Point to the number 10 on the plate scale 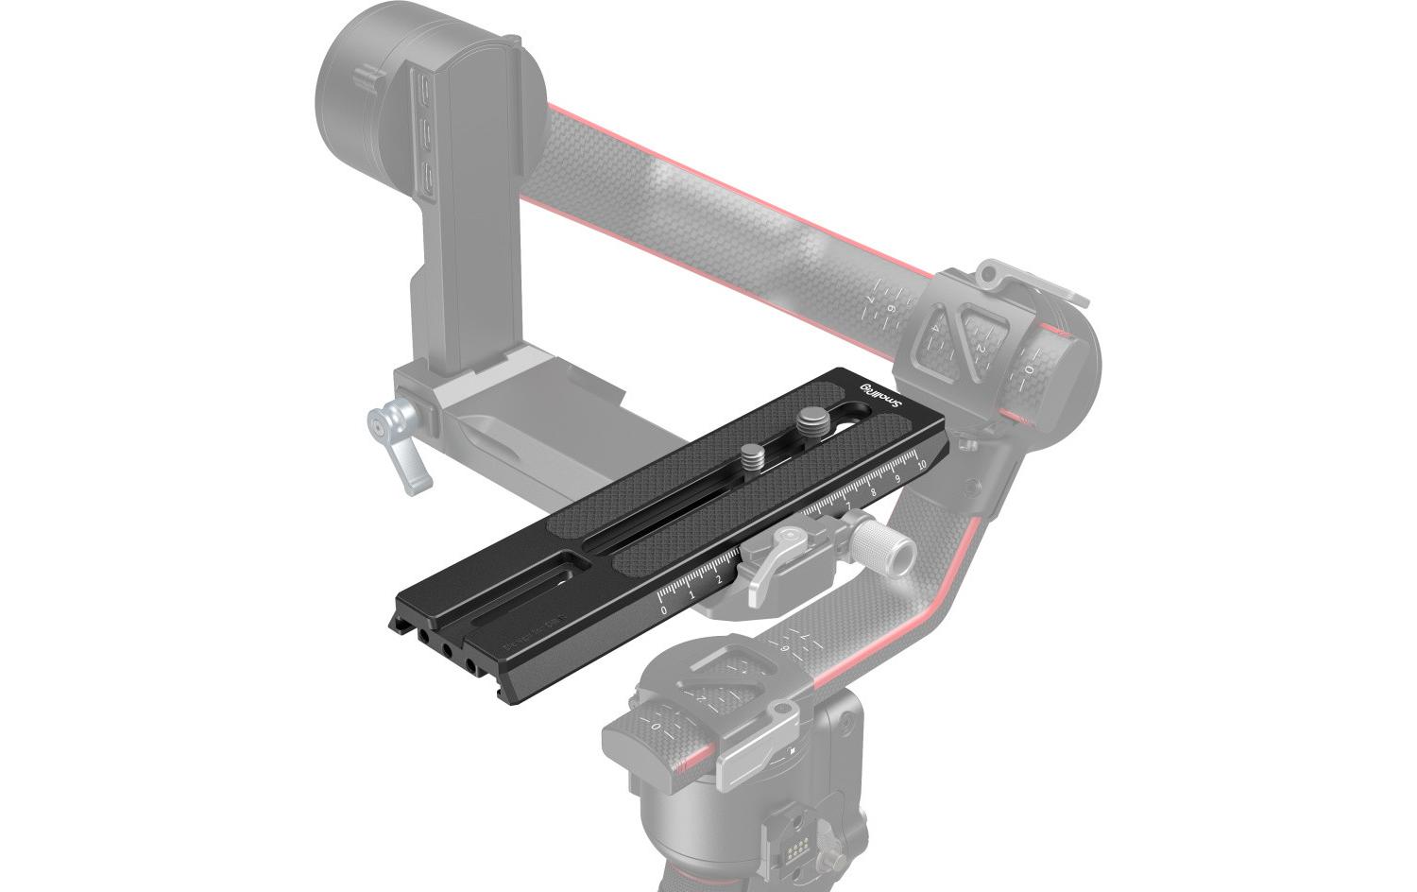921,463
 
